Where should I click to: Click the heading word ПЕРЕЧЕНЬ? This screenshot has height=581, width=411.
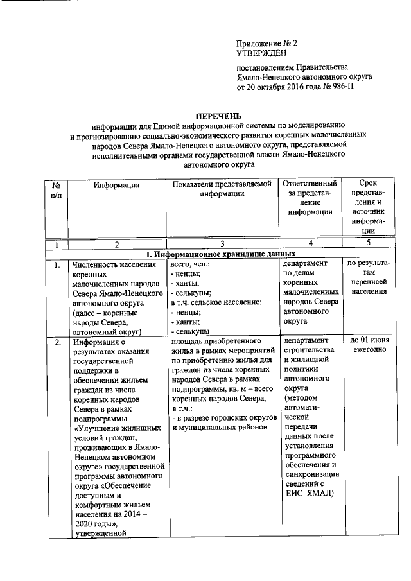tap(219, 116)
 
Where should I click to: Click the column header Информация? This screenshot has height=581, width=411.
tap(116, 186)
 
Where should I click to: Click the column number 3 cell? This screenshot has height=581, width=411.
tap(222, 244)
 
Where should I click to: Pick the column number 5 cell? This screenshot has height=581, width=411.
tap(369, 243)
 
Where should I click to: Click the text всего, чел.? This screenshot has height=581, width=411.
tap(191, 264)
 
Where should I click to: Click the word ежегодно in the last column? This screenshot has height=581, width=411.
tap(369, 350)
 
